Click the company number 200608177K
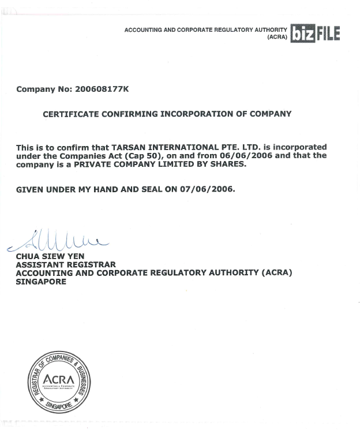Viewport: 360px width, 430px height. point(102,89)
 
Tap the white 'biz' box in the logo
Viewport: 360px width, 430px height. point(302,34)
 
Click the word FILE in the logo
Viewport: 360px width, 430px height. point(328,34)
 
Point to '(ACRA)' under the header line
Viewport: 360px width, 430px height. point(277,37)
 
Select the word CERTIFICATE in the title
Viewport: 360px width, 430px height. point(71,114)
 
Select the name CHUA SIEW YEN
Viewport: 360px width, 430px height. point(50,256)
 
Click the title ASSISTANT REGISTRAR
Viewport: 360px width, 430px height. point(66,264)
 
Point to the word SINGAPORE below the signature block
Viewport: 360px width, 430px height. point(41,282)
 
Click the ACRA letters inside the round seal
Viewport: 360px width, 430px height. point(59,380)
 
